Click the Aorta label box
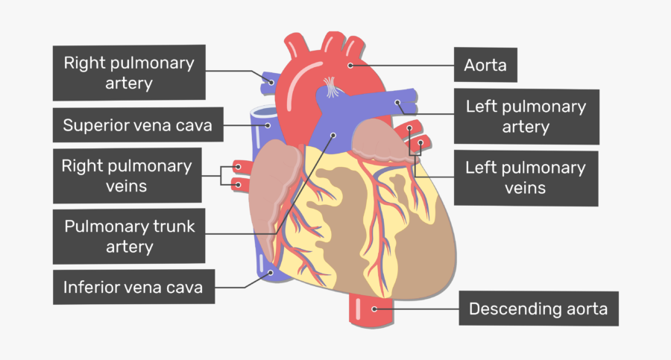[485, 65]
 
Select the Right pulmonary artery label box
[129, 72]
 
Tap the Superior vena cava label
[138, 125]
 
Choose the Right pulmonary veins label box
[127, 175]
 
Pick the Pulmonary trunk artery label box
[129, 236]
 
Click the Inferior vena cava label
[133, 287]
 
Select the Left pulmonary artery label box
[526, 116]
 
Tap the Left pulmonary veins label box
[526, 177]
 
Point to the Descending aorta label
[538, 309]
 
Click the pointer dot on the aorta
[350, 66]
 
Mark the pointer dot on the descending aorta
[374, 309]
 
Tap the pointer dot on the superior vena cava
[268, 125]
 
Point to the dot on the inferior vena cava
[271, 272]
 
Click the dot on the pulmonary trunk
[333, 135]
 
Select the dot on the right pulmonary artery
[271, 82]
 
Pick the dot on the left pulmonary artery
[397, 102]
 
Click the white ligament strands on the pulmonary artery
[330, 87]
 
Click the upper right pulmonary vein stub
[239, 166]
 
